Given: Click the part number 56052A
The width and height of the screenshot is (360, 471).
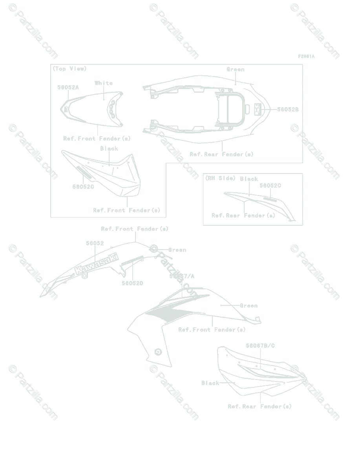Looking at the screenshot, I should click(68, 88).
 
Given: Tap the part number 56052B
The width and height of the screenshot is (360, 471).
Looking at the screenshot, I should click(288, 110).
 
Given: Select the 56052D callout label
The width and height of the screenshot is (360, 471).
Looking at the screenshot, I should click(132, 283).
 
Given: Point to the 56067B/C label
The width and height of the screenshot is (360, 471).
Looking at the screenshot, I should click(260, 346).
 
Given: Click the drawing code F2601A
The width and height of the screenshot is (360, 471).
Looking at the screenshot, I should click(306, 57).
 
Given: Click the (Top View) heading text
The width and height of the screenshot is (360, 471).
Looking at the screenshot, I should click(69, 69).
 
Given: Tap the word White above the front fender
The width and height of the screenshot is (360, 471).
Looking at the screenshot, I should click(104, 83).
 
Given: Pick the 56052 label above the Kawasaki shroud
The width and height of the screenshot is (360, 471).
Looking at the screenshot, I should click(95, 243).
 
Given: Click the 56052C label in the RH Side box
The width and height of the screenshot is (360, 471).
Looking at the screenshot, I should click(270, 186).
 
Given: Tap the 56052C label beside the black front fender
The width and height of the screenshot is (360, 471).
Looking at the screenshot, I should click(83, 187).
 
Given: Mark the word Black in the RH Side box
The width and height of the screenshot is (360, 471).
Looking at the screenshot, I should click(249, 179).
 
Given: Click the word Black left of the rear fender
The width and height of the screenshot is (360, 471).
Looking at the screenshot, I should click(210, 383).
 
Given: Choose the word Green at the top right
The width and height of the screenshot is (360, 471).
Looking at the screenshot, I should click(236, 69).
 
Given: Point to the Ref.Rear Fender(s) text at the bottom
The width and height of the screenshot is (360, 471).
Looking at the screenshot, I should click(259, 407).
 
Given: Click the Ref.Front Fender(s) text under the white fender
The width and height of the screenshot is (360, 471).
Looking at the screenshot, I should click(97, 139).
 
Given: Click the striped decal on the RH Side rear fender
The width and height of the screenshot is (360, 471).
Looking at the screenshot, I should click(270, 199).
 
